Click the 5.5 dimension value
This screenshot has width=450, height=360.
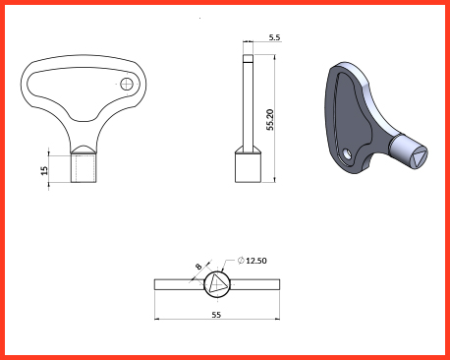click(274, 37)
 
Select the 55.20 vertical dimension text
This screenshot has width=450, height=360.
click(270, 120)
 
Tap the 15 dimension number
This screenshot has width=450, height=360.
click(44, 170)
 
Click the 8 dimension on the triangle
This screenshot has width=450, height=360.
click(198, 267)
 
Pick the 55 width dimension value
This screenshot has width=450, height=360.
click(216, 315)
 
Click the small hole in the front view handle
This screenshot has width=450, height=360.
click(126, 84)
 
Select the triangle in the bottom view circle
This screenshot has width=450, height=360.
click(217, 283)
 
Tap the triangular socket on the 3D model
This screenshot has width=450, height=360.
click(418, 157)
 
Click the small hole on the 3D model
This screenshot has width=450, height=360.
click(347, 153)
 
